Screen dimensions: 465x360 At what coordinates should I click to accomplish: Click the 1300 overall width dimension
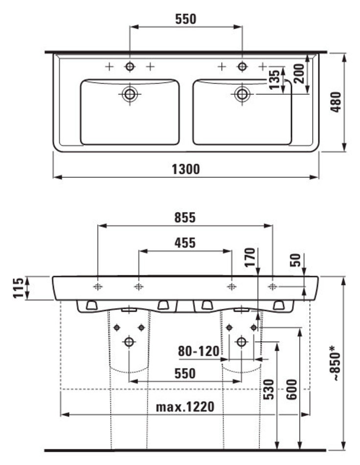click(185, 169)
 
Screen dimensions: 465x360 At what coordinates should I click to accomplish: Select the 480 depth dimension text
click(337, 102)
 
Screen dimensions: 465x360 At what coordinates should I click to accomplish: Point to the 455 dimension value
click(185, 243)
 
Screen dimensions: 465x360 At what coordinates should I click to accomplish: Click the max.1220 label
click(185, 407)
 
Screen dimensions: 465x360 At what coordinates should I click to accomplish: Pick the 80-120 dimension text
click(198, 351)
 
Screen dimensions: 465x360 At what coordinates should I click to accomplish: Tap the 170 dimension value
click(250, 256)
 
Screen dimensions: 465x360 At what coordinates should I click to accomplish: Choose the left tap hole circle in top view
click(130, 67)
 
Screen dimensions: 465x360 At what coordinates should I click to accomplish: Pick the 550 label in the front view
click(185, 374)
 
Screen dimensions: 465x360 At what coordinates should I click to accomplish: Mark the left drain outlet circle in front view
click(129, 342)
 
